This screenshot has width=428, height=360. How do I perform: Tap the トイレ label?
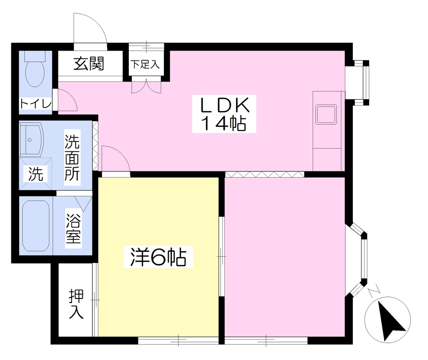point(36,104)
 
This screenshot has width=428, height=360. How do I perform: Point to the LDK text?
point(225,105)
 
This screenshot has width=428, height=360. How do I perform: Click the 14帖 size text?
point(224,123)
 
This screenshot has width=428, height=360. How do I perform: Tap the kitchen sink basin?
point(326,114)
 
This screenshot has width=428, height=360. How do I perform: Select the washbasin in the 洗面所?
point(31,140)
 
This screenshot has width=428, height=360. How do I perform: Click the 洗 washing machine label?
point(36,174)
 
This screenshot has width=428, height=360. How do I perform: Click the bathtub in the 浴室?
point(36,226)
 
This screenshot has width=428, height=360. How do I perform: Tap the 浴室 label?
point(74,229)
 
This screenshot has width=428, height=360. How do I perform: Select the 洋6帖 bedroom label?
point(158,257)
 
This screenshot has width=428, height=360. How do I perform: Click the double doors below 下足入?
point(146,86)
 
